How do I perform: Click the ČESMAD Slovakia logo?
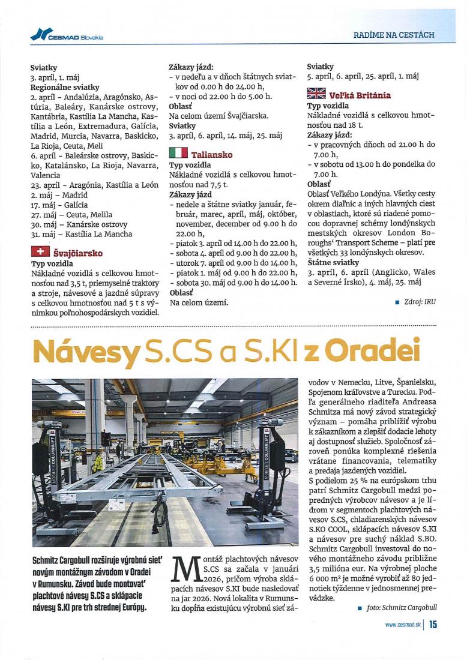tap(67, 35)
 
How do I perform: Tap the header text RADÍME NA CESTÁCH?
tap(393, 35)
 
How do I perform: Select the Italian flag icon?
tap(178, 154)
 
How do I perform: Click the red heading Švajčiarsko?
tap(77, 253)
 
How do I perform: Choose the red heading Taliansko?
tap(212, 155)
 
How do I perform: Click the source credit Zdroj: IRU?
tap(420, 302)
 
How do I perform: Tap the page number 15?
tap(433, 625)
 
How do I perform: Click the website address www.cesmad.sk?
tap(402, 625)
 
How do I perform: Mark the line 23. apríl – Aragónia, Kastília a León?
tap(94, 185)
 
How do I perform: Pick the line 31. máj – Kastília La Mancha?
tap(81, 234)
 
